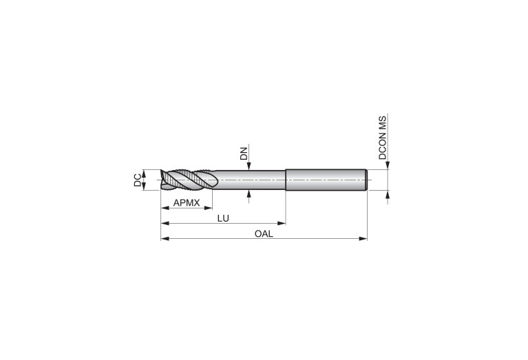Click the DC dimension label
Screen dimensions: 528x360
click(138, 180)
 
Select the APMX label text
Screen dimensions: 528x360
click(187, 203)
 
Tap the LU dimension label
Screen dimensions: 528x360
click(223, 218)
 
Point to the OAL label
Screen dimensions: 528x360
click(264, 234)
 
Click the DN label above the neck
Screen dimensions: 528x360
click(244, 153)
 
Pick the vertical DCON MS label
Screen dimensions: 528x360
click(383, 138)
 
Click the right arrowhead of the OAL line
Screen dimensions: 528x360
click(363, 239)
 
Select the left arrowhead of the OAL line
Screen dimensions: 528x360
click(165, 239)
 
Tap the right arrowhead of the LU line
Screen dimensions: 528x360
click(282, 223)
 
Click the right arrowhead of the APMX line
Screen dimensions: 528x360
click(208, 208)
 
